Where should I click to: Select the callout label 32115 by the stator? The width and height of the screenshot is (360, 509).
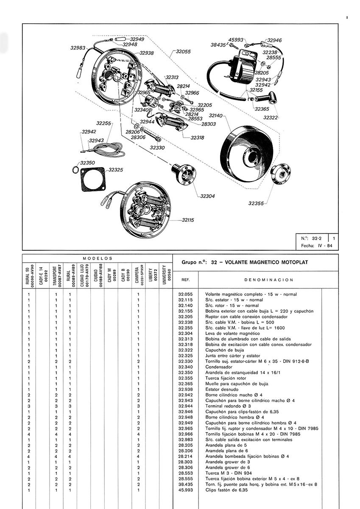(188, 220)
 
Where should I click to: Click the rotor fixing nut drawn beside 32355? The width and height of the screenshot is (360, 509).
(281, 175)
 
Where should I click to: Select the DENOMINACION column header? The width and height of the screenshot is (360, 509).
(269, 280)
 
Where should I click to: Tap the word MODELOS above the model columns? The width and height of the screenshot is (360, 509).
(97, 258)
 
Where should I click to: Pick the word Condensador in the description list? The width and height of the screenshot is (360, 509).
(219, 366)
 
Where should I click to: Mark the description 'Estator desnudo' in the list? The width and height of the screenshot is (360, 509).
(222, 389)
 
